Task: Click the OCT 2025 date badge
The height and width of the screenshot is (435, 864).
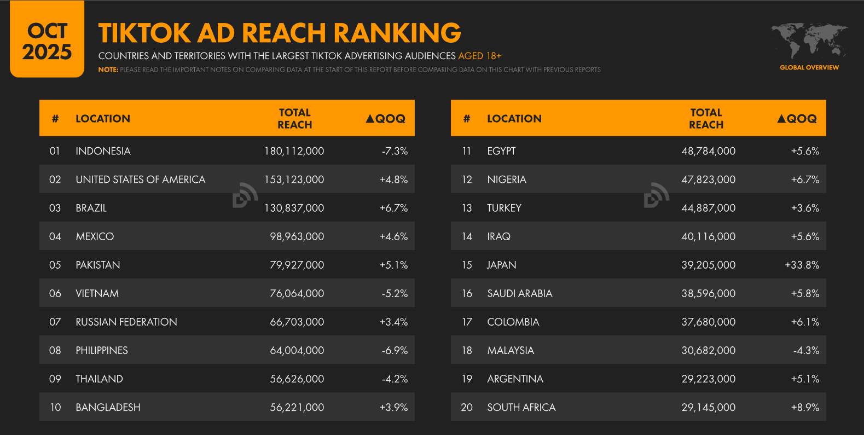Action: point(47,41)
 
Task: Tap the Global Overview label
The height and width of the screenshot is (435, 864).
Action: point(809,67)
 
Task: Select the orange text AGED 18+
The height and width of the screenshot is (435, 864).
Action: point(479,56)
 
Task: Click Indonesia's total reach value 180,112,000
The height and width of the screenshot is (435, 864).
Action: point(294,151)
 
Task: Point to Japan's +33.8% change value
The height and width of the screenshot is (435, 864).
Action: point(802,265)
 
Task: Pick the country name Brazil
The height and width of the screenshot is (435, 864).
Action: point(91,208)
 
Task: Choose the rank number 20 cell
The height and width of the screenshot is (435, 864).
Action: point(467,407)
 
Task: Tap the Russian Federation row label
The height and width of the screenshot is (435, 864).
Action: point(126,322)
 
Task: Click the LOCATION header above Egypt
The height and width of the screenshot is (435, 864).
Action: point(514,119)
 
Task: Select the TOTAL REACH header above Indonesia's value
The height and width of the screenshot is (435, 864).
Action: point(294,118)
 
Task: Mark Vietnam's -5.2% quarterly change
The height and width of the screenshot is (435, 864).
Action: point(395,293)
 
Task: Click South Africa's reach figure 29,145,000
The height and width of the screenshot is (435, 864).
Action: point(708,407)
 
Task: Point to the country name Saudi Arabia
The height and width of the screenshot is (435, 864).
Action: point(519,293)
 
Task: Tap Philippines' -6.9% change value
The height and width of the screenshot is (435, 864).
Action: point(395,350)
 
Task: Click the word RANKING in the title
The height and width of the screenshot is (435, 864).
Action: point(397,33)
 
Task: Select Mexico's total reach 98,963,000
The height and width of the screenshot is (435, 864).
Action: point(297,236)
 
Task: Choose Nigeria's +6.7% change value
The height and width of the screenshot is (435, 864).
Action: point(805,179)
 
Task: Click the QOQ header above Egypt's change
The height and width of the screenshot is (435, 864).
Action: point(797,119)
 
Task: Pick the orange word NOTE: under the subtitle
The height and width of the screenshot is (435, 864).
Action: point(108,69)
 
